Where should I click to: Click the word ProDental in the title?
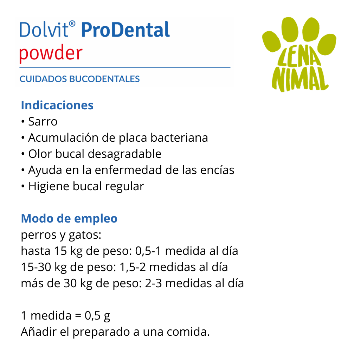point(126,30)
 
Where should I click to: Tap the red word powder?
point(51,53)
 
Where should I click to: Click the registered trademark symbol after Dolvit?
point(72,24)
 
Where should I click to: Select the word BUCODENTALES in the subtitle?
point(104,79)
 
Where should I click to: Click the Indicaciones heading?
point(57,105)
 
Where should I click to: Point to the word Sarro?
point(43,121)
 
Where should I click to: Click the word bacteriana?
point(179,138)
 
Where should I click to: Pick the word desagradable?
point(125,154)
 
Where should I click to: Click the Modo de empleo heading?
point(69,219)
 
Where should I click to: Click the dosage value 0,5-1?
point(148,251)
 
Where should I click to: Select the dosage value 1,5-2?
point(133,267)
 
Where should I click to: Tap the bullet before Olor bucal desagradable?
point(23,154)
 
